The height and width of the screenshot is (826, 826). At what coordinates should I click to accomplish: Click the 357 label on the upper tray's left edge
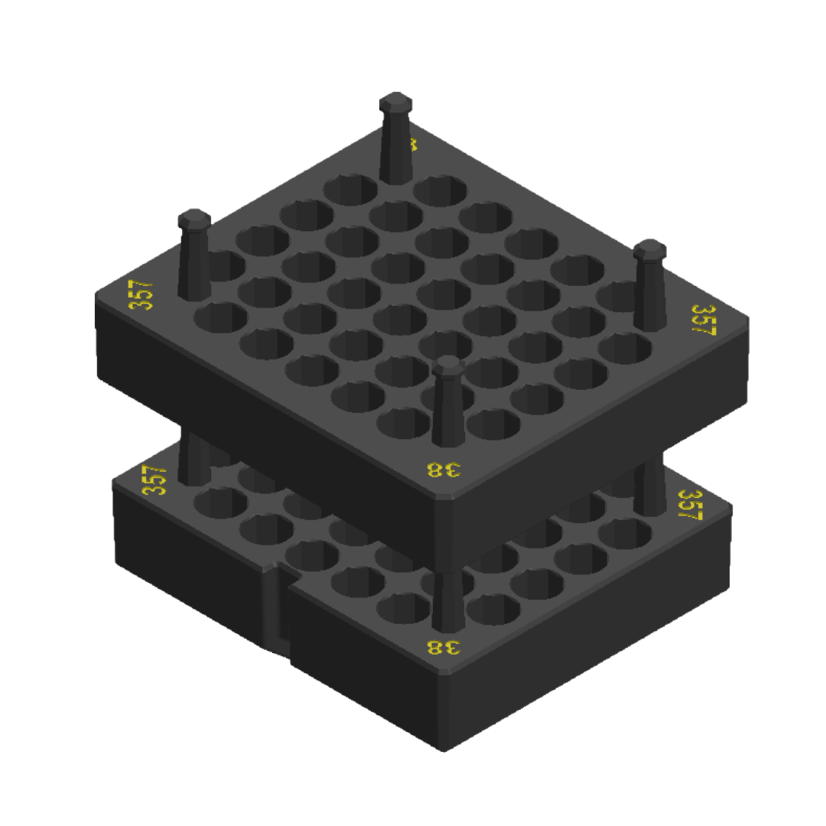pyautogui.click(x=141, y=295)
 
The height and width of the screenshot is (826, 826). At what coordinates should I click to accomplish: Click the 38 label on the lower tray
pyautogui.click(x=444, y=647)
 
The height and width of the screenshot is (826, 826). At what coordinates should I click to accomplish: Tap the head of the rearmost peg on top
pyautogui.click(x=395, y=102)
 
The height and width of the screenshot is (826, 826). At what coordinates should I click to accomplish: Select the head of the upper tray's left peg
pyautogui.click(x=194, y=218)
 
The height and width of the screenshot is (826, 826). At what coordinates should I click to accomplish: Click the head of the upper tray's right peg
pyautogui.click(x=649, y=249)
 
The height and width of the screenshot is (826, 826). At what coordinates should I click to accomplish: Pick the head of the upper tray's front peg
pyautogui.click(x=448, y=366)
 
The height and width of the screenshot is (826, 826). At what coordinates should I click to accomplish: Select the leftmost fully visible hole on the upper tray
pyautogui.click(x=220, y=317)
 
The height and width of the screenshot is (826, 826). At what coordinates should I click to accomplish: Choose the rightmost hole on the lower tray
pyautogui.click(x=624, y=533)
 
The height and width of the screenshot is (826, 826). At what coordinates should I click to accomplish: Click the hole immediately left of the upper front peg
pyautogui.click(x=403, y=421)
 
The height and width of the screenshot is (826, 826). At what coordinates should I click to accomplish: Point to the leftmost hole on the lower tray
pyautogui.click(x=220, y=502)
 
